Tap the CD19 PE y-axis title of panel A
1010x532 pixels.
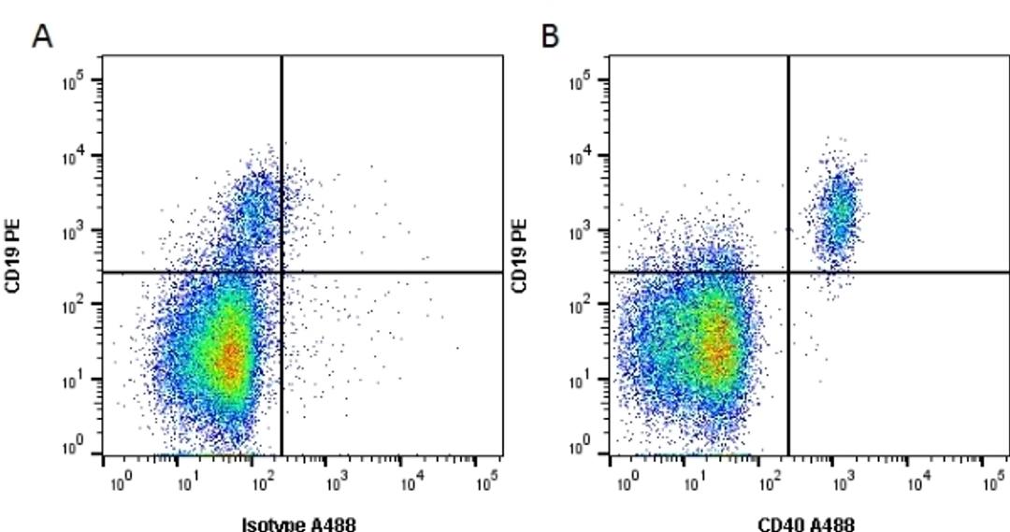click(x=14, y=255)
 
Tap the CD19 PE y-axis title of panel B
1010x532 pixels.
click(x=521, y=255)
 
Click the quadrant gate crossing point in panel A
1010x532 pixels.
click(x=281, y=272)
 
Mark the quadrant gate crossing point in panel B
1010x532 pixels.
click(x=788, y=272)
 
